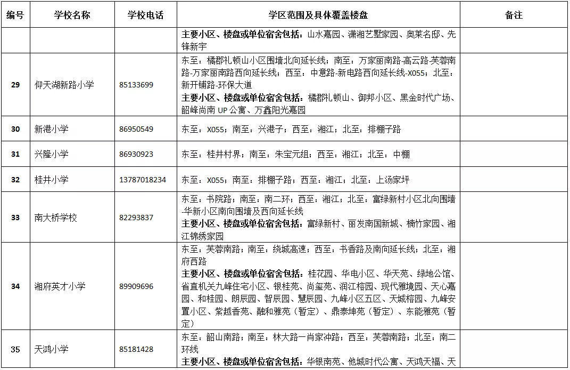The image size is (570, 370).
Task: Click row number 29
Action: click(x=15, y=85)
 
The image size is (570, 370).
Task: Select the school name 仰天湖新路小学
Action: click(x=64, y=85)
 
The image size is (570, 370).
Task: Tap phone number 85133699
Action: click(x=137, y=85)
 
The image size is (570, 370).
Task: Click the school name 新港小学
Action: click(x=52, y=129)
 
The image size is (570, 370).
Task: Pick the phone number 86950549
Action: click(x=137, y=129)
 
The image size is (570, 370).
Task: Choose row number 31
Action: click(x=15, y=154)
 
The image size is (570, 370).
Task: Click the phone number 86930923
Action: click(x=137, y=154)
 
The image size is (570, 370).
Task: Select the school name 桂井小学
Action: click(x=52, y=180)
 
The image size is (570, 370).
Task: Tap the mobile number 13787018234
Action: click(x=143, y=180)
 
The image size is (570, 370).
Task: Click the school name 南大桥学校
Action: click(x=56, y=218)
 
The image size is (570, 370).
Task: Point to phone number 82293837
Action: click(x=137, y=218)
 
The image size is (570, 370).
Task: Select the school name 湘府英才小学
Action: click(x=60, y=286)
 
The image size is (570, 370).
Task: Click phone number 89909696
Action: click(x=137, y=286)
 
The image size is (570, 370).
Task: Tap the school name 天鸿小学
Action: click(x=52, y=349)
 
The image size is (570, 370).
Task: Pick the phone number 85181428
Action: click(x=137, y=349)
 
